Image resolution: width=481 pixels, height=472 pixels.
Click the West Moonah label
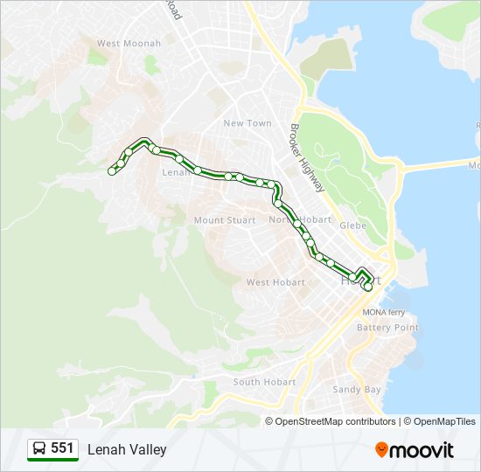point(129,44)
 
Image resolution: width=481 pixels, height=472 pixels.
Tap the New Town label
point(247,123)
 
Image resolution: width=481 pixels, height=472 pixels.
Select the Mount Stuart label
point(224,220)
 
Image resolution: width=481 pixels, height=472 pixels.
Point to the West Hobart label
point(275,282)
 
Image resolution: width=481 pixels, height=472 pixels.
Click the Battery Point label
point(387,328)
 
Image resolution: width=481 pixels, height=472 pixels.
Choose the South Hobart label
point(264,382)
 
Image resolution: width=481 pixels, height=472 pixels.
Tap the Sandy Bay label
point(357,390)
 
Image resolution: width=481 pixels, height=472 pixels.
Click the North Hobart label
point(300,219)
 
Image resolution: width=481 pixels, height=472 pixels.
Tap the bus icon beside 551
point(39,449)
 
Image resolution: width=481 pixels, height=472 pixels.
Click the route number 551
point(62,448)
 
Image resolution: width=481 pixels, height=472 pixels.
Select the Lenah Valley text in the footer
point(127,449)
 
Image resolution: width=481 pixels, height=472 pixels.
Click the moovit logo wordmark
point(422,450)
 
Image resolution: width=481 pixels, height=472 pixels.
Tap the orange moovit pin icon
point(381,449)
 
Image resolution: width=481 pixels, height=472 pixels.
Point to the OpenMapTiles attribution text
point(442,421)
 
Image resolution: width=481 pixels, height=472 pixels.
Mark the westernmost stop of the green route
point(112,171)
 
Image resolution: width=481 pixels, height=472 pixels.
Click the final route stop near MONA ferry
point(368,287)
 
